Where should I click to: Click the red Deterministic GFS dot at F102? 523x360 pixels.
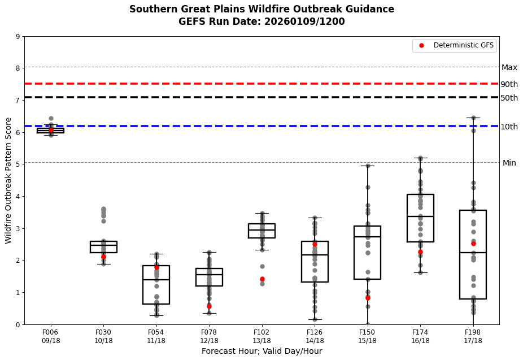pos(262,279)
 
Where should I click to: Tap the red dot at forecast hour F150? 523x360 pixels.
pos(368,298)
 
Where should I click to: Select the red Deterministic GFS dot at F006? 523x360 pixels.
pos(51,131)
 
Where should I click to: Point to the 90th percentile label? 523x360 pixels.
pos(509,84)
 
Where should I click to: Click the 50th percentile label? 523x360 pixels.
pos(509,98)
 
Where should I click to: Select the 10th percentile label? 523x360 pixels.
pos(509,127)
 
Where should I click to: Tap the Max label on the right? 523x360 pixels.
pos(509,67)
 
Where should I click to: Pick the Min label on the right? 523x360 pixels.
pos(509,163)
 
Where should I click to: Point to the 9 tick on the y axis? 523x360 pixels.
pos(19,37)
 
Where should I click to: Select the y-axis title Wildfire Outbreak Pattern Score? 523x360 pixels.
pos(8,180)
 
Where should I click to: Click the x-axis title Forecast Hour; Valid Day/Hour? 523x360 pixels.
pos(261,352)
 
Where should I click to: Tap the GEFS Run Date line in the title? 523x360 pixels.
pos(261,22)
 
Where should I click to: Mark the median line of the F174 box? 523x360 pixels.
pos(420,216)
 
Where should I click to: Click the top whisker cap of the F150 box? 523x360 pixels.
pos(368,166)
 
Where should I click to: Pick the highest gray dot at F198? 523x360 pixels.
pos(473,118)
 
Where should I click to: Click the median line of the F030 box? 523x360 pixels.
pos(103,245)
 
